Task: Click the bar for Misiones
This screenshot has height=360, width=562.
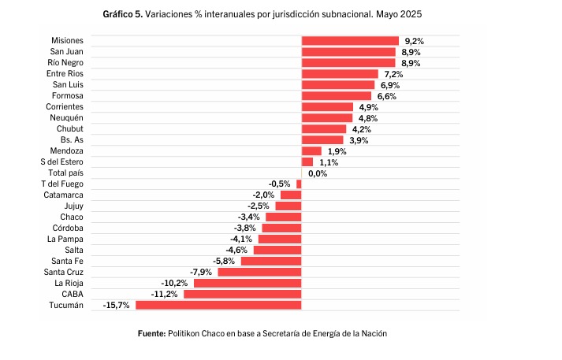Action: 350,41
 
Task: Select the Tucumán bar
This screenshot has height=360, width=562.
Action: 218,305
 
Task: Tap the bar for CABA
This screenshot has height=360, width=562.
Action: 243,294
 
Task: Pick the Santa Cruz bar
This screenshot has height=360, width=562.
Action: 260,272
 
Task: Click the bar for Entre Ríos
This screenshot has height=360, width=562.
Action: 340,74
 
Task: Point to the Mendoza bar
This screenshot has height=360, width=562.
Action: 311,150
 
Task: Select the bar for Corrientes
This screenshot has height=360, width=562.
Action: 327,107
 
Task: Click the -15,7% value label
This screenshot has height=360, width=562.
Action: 116,305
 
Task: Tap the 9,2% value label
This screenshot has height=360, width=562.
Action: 413,41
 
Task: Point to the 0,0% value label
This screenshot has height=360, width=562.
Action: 318,173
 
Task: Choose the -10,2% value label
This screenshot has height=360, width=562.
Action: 174,283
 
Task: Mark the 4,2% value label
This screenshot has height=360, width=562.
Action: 361,129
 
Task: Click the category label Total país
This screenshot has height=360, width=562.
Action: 65,173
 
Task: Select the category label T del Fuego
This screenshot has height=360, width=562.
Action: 62,184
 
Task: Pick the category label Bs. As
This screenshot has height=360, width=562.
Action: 71,139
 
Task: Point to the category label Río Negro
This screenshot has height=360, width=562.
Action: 65,62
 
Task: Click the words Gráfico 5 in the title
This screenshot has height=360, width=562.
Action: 122,15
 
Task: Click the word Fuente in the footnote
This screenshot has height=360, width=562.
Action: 151,333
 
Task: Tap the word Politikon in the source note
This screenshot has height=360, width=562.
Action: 186,333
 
